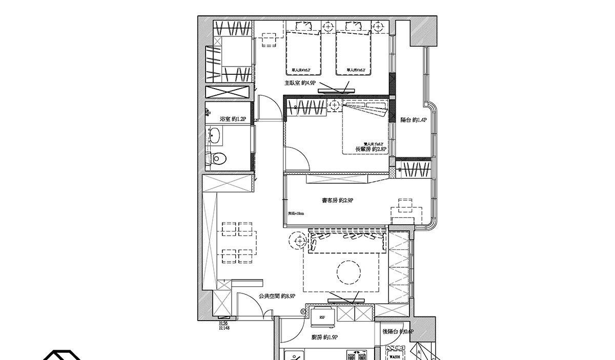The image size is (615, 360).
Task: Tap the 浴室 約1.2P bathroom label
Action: point(233,119)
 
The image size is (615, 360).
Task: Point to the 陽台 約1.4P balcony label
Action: point(414,120)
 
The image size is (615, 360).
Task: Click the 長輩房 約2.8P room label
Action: point(371,149)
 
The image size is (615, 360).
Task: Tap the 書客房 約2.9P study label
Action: point(337,201)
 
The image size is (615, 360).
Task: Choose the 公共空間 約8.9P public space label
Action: point(277,296)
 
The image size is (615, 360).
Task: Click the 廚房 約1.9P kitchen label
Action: point(324,337)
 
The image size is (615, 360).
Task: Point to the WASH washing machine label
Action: point(395,356)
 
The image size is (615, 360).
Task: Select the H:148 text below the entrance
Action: point(224,328)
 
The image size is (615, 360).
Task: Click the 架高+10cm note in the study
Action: point(296,214)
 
